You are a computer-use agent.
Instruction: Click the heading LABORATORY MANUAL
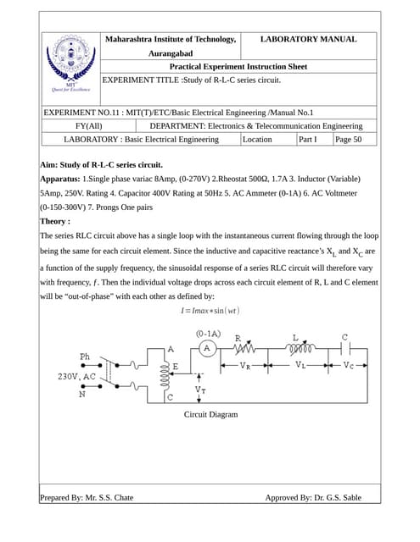pyautogui.click(x=307, y=39)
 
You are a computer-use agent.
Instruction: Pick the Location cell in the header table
pyautogui.click(x=257, y=139)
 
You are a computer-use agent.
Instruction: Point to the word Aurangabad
pyautogui.click(x=170, y=53)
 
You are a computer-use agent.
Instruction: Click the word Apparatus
pyautogui.click(x=59, y=179)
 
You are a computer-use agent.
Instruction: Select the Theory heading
pyautogui.click(x=56, y=221)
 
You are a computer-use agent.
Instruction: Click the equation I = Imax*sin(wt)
pyautogui.click(x=210, y=310)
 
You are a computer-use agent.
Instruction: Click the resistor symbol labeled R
pyautogui.click(x=246, y=347)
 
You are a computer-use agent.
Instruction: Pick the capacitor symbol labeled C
pyautogui.click(x=344, y=347)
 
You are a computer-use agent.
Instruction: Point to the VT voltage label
pyautogui.click(x=199, y=390)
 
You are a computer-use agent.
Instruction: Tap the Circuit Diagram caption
pyautogui.click(x=210, y=414)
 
